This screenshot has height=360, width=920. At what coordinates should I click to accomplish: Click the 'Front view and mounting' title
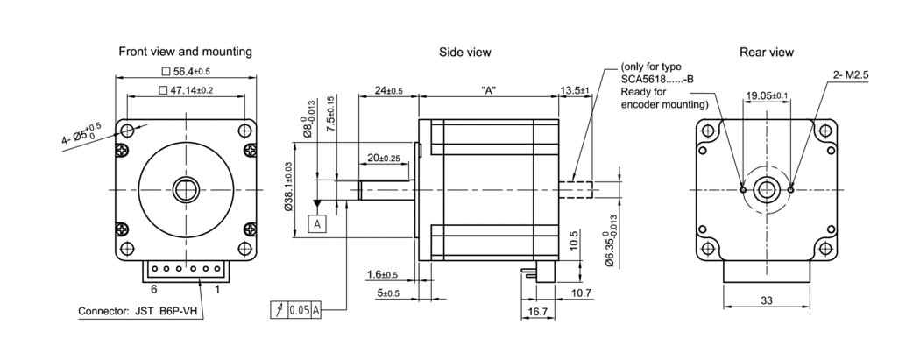[x=185, y=52]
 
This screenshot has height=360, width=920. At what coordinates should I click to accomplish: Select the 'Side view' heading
[x=464, y=52]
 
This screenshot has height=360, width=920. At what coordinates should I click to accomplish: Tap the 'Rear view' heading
[x=767, y=52]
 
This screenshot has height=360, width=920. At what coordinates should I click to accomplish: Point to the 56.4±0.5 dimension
[x=186, y=72]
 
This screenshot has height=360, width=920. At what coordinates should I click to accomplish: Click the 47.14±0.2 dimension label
[x=186, y=90]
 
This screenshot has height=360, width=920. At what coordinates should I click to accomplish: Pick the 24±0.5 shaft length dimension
[x=387, y=90]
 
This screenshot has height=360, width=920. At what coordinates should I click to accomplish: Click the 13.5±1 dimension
[x=575, y=90]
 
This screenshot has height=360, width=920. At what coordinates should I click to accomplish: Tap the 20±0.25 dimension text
[x=383, y=158]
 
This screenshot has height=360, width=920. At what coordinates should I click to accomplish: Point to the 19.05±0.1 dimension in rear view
[x=767, y=95]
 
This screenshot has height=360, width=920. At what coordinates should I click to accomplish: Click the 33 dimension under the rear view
[x=766, y=300]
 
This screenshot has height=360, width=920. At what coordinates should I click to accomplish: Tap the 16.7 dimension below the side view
[x=538, y=311]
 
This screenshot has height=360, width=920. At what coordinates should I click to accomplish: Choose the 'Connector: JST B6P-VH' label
[x=135, y=311]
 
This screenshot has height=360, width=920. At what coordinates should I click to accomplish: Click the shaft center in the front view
[x=186, y=189]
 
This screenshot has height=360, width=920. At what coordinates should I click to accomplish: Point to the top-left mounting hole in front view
[x=128, y=131]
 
